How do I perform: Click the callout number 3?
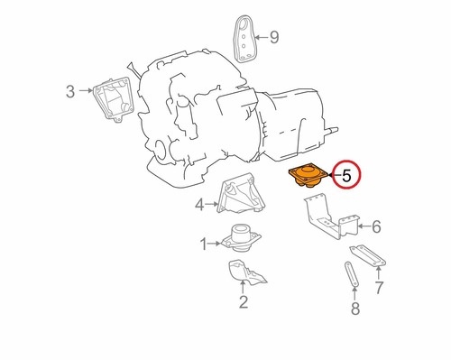point(69,90)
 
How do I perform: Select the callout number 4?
point(199,206)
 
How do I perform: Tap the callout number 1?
point(204,243)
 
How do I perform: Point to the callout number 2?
point(243,301)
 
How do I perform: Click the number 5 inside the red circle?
point(347,174)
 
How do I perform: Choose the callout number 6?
point(376,226)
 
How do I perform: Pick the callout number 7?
point(379,287)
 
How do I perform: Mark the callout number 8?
point(354,310)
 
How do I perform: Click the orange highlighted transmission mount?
point(307,174)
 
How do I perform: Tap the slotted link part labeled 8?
point(350,275)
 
